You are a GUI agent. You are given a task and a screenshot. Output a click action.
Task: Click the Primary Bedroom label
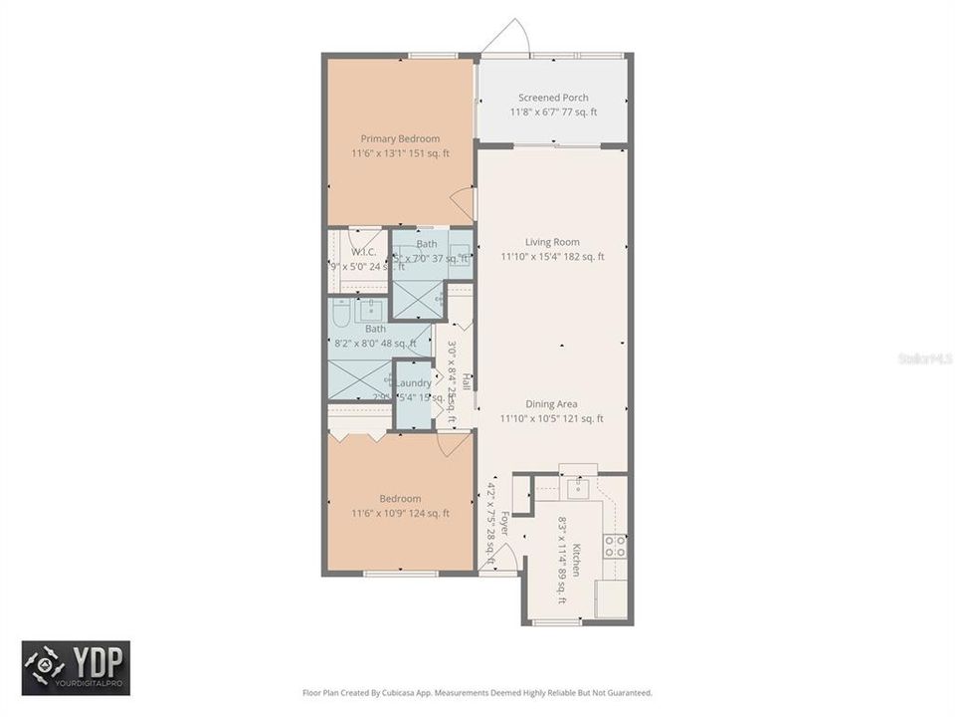click(x=400, y=138)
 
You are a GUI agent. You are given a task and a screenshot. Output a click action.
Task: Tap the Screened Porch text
click(x=553, y=98)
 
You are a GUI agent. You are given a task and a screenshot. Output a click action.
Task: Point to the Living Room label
click(x=553, y=242)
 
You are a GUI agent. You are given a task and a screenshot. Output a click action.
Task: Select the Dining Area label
click(x=553, y=404)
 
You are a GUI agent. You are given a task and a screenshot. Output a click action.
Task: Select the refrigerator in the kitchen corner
click(x=610, y=598)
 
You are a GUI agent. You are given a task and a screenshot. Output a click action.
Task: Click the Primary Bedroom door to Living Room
click(x=463, y=205)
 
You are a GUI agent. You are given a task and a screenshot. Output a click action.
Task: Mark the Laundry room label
click(x=414, y=383)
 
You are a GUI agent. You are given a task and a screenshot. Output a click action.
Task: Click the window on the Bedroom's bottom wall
click(x=399, y=574)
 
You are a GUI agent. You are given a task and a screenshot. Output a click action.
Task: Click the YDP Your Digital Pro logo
click(x=76, y=667)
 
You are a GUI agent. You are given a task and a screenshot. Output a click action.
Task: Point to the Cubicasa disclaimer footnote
click(x=477, y=692)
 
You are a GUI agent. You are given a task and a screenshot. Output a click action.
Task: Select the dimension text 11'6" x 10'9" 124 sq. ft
click(x=400, y=514)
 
